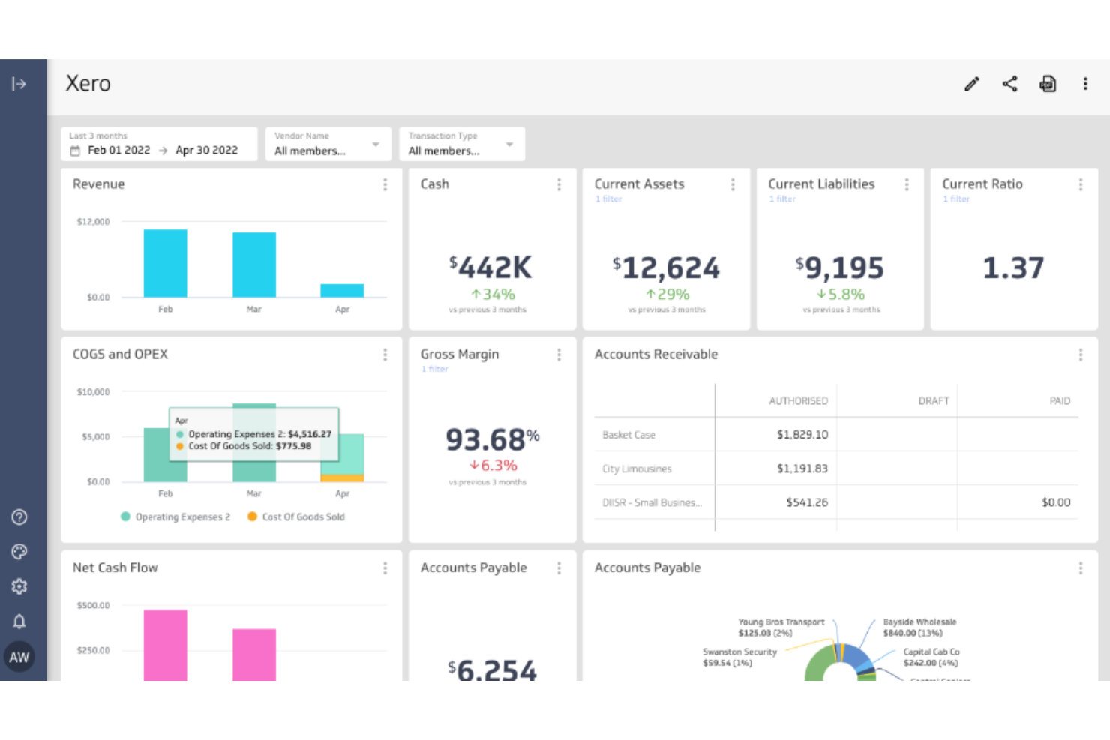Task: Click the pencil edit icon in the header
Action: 971,84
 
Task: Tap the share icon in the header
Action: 1009,84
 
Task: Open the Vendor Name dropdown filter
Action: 328,144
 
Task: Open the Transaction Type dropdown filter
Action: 461,144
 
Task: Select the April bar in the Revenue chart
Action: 342,291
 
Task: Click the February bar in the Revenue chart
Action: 165,263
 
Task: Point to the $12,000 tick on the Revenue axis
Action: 93,222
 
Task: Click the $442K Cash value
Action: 491,268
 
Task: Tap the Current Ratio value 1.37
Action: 1013,268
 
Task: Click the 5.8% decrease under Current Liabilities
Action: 841,295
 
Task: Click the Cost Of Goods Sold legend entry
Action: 296,517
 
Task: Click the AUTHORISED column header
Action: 798,401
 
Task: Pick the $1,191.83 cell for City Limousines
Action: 802,469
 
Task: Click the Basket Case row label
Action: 628,435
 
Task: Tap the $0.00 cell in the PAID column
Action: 1055,502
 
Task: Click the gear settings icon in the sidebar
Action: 19,586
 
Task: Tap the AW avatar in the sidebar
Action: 19,657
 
